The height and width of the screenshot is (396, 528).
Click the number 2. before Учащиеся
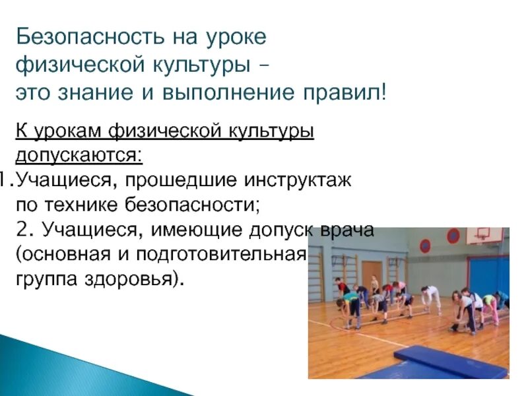pyautogui.click(x=24, y=228)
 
